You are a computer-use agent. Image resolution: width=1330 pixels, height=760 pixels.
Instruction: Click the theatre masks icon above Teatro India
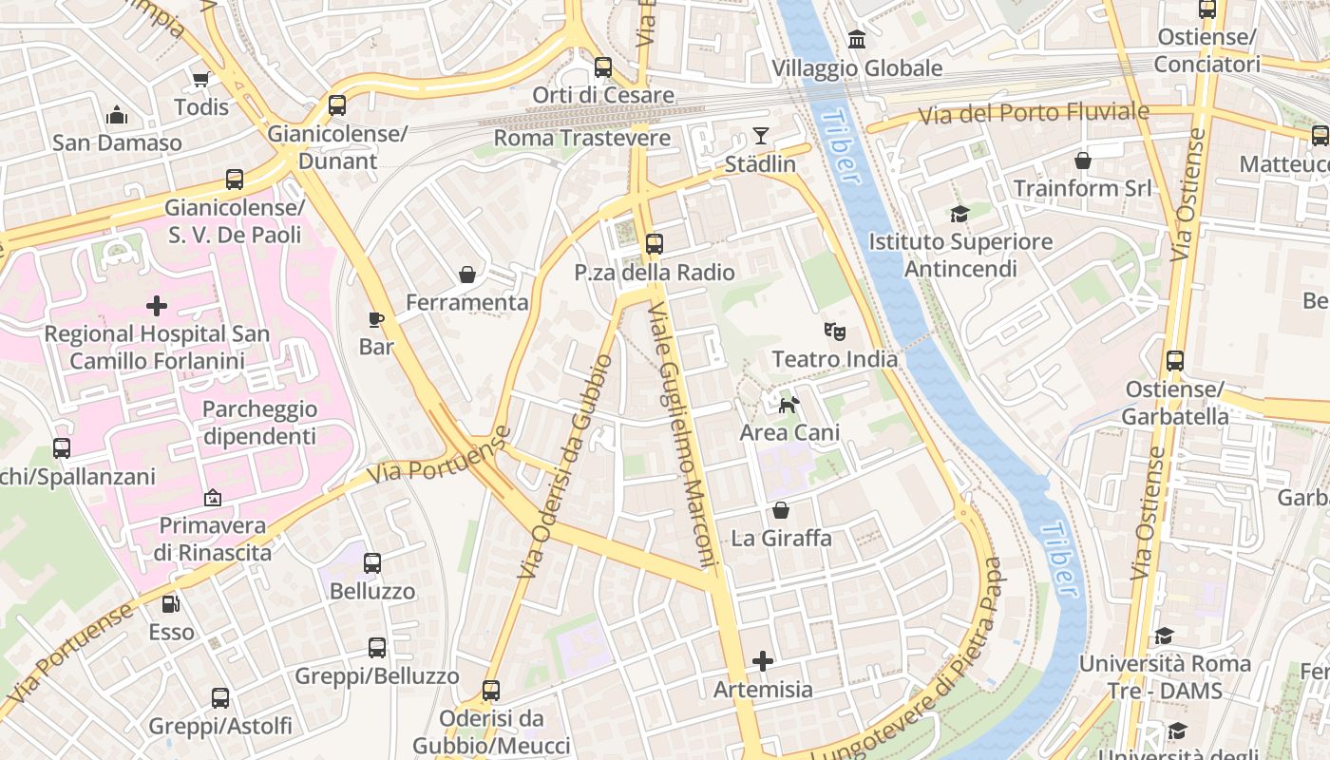point(834,332)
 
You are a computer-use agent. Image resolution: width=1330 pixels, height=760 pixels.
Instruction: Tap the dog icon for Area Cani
point(788,406)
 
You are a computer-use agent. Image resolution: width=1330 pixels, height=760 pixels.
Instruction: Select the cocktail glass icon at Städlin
point(761,136)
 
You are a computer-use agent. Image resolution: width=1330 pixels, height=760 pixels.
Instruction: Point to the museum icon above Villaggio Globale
point(857,40)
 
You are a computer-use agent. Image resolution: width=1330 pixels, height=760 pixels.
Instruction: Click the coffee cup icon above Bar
point(376,319)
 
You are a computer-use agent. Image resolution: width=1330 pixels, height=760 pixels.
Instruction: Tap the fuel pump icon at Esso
point(171,604)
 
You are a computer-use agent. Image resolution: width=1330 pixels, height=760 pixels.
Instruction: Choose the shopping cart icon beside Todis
point(200,79)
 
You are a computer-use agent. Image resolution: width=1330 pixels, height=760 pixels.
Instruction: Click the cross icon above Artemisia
point(763,661)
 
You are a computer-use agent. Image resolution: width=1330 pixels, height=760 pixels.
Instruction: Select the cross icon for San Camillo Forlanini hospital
point(157,306)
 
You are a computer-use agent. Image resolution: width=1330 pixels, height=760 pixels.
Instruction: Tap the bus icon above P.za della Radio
point(654,244)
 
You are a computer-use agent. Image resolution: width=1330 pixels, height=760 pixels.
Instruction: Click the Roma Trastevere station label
point(582,139)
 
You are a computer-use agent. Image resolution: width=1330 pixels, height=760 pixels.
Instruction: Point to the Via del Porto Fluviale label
point(1034,114)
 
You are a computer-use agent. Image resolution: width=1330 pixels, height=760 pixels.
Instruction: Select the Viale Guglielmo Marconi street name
point(680,435)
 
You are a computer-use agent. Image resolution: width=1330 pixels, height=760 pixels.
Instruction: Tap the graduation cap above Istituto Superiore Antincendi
point(959,215)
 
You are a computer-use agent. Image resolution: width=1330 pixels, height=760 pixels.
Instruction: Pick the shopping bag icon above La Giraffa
point(780,510)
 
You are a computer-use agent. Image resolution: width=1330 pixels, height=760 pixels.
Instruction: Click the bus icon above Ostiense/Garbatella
point(1175,361)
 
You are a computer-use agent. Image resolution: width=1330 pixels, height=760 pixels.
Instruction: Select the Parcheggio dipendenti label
point(258,423)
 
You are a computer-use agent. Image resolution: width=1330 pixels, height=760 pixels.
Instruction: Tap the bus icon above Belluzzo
point(372,563)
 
